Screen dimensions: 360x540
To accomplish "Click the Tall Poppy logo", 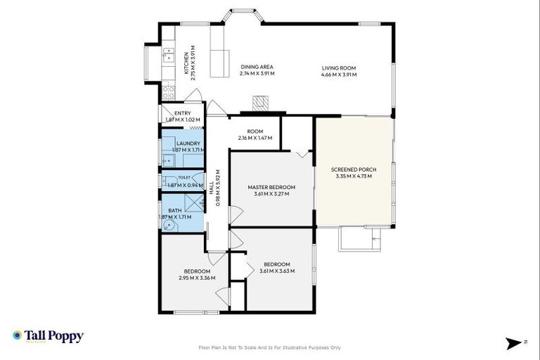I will (x=48, y=336).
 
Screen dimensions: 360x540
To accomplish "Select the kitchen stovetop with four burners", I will (x=169, y=90).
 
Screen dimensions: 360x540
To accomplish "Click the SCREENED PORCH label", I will (x=352, y=169).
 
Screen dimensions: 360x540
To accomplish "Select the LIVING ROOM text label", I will (x=339, y=68).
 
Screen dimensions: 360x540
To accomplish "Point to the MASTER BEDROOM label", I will (x=271, y=187).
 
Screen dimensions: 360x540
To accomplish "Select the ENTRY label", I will (x=182, y=113).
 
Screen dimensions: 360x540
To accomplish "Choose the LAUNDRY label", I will (x=188, y=143).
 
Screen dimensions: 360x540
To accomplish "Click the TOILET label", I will (x=184, y=178).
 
